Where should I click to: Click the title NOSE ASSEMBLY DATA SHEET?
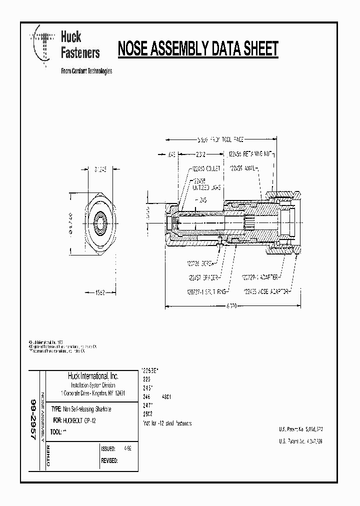click(x=197, y=49)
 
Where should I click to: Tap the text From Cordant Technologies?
click(x=86, y=71)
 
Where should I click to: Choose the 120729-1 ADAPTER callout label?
click(x=259, y=276)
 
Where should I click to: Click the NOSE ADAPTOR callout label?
click(x=266, y=290)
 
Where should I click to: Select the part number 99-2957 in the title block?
click(x=33, y=419)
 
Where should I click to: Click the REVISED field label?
click(x=109, y=460)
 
